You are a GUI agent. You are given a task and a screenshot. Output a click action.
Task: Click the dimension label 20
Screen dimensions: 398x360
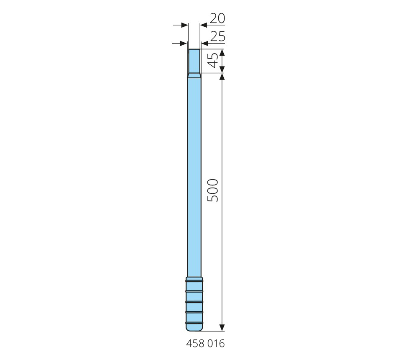217,18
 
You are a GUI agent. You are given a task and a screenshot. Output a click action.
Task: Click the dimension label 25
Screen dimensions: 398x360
218,36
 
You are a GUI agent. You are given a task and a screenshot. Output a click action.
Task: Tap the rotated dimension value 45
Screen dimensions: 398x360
213,60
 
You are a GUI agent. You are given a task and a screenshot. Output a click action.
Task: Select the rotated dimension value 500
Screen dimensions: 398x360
213,190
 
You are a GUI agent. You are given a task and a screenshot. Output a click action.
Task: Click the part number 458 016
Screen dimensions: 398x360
205,344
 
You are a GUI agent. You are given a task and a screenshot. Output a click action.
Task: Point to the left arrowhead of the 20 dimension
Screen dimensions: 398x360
184,25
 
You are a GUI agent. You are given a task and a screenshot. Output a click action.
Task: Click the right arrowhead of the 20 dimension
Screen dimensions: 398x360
204,25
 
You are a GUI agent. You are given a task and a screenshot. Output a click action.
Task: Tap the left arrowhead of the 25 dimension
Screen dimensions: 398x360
183,44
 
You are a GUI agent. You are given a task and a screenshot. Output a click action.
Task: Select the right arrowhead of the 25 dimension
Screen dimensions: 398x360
205,44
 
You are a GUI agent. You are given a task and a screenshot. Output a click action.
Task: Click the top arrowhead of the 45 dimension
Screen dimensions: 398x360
222,53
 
